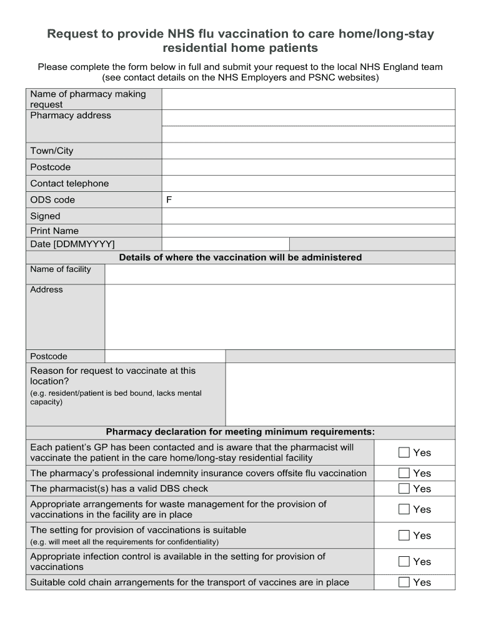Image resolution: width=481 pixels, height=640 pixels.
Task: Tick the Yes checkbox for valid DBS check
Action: tap(404, 489)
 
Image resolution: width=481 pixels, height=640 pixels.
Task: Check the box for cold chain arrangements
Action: tap(404, 582)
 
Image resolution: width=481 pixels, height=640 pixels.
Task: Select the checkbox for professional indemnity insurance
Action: tap(404, 473)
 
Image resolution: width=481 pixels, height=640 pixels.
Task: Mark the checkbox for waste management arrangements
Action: tap(404, 509)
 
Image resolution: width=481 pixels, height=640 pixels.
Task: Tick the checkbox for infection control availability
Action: tap(404, 562)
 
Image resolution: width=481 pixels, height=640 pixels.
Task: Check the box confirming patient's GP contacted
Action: tap(404, 452)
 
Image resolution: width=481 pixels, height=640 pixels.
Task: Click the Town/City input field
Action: tap(308, 151)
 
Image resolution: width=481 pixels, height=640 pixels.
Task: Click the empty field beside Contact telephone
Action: tap(308, 184)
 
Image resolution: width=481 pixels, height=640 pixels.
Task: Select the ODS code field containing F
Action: tap(308, 200)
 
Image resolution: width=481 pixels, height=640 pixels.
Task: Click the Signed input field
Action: tap(308, 216)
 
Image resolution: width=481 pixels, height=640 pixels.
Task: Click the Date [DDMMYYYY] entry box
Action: tap(226, 244)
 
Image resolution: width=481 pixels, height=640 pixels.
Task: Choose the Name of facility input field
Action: tap(280, 274)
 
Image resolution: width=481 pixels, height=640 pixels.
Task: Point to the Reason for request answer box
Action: tap(340, 394)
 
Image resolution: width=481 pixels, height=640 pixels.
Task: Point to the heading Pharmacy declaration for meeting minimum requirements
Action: tap(241, 432)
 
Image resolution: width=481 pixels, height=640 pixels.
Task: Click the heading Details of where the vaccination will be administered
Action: tap(241, 257)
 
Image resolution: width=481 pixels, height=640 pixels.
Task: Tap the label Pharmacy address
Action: tap(71, 116)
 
